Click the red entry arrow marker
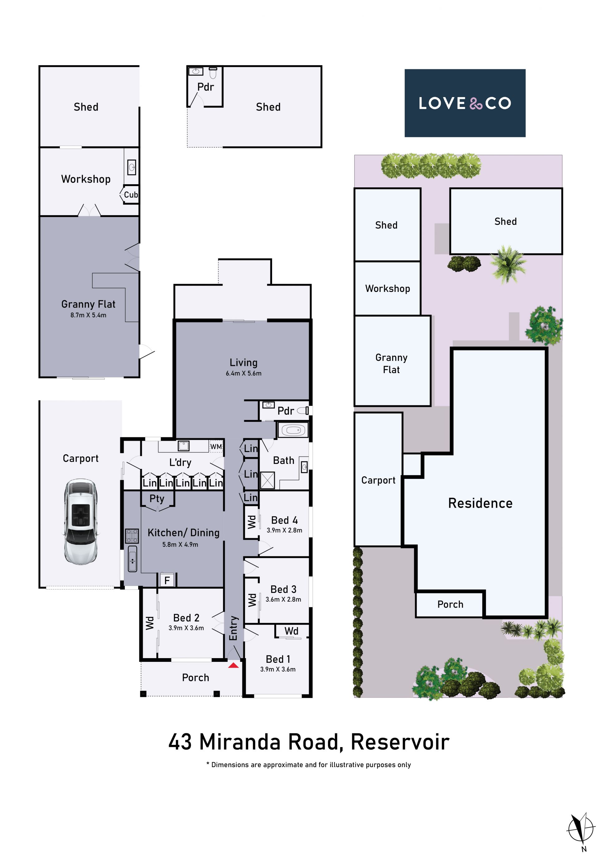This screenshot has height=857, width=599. [233, 665]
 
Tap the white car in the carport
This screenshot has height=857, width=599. [80, 521]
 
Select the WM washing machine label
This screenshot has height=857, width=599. [216, 446]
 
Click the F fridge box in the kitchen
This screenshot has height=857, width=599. [167, 580]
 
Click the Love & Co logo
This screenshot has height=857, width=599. [465, 103]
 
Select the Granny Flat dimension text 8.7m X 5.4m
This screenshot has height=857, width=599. [88, 315]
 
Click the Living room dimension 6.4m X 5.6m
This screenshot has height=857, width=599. [244, 373]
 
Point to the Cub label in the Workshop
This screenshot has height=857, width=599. [131, 195]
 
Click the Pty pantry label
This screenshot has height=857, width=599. [157, 499]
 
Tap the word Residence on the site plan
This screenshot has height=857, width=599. [480, 503]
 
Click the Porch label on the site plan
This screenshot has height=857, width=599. [450, 604]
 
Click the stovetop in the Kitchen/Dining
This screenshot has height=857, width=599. [132, 535]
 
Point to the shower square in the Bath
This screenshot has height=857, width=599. [267, 480]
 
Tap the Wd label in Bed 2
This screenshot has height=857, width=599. [149, 623]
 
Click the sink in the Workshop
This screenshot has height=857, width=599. [132, 167]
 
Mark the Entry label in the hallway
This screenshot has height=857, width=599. [233, 628]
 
